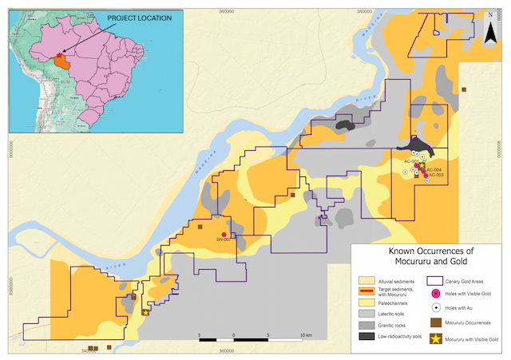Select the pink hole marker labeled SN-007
click(224, 234)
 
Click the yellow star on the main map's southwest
click(145, 312)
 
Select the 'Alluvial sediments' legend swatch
click(366, 280)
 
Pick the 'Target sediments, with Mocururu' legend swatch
click(366, 292)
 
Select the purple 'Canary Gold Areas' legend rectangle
click(436, 280)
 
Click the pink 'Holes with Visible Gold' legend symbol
click(436, 294)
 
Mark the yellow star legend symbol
click(436, 339)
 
